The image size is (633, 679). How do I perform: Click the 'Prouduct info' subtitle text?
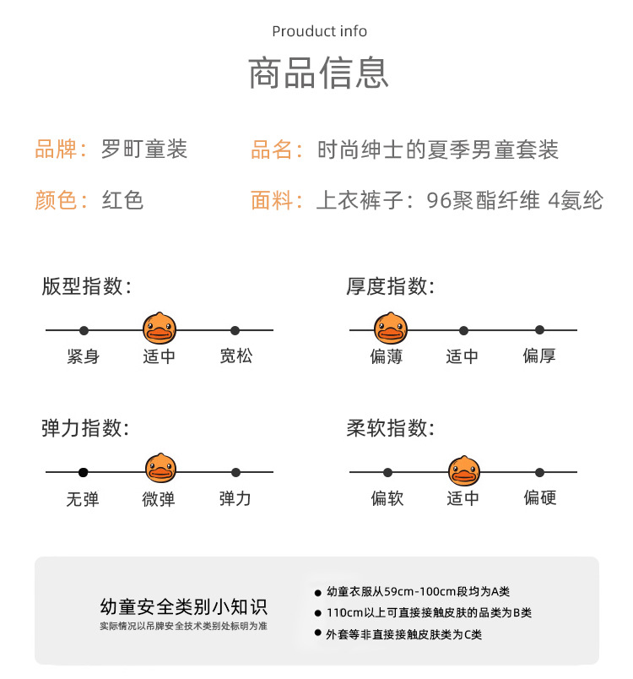(319, 31)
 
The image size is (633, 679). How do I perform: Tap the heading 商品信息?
(318, 73)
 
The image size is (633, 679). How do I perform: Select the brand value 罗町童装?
(143, 150)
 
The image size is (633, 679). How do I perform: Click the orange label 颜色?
(61, 200)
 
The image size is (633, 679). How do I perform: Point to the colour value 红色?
(122, 200)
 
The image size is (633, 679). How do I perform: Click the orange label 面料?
(277, 200)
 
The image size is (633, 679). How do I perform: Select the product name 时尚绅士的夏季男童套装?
(437, 150)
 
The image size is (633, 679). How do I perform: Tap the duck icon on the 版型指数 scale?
(159, 327)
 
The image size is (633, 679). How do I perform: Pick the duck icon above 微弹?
(160, 469)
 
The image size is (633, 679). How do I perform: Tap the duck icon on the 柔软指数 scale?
(463, 470)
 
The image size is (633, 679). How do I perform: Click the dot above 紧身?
(84, 330)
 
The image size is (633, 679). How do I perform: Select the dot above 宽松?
(235, 330)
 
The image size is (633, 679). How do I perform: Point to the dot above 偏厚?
(539, 330)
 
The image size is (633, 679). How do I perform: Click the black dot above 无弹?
(84, 472)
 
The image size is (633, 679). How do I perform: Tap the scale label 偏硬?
(539, 498)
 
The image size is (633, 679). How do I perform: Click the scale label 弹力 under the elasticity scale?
(235, 498)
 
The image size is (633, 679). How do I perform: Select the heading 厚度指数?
(390, 286)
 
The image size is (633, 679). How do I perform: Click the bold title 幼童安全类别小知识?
(183, 606)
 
